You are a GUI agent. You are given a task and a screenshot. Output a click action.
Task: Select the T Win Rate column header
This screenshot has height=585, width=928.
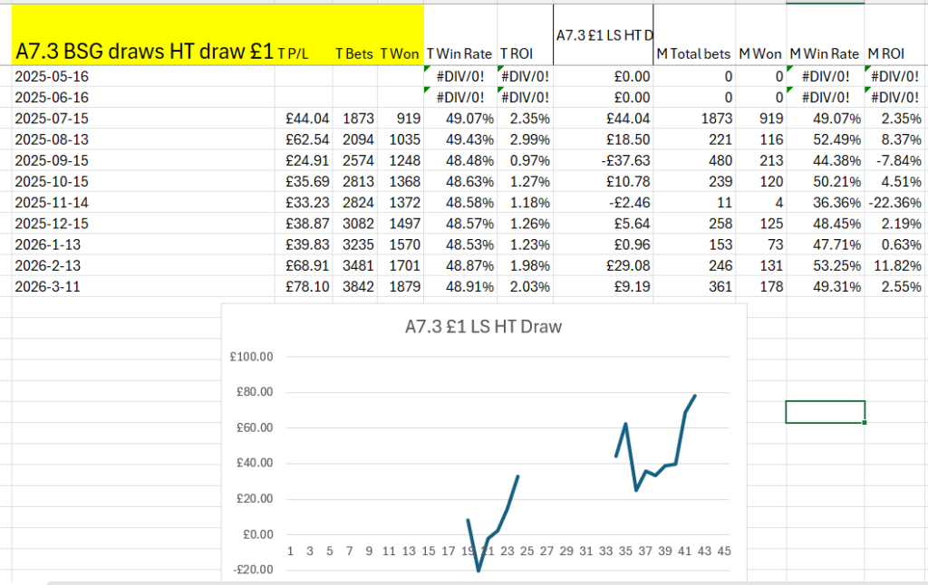(459, 54)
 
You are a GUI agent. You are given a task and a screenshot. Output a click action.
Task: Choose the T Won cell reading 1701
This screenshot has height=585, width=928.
(400, 267)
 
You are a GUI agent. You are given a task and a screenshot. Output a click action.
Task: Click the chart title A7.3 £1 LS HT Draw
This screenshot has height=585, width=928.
(483, 327)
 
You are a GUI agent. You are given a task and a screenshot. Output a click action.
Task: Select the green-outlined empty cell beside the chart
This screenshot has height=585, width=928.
(825, 411)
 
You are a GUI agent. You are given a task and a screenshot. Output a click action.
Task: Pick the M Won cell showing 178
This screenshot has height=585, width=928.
(766, 286)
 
